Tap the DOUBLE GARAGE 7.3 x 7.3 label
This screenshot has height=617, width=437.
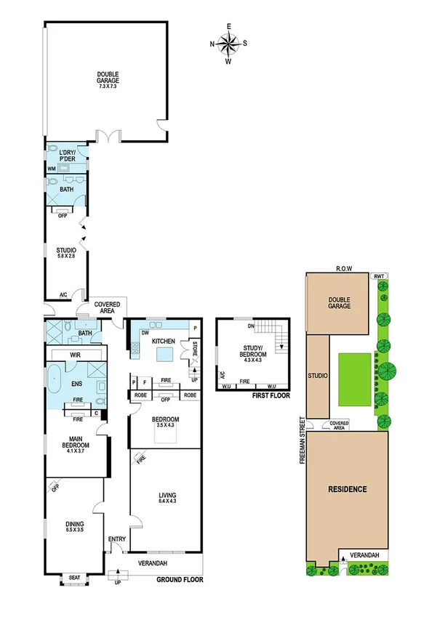pos(108,78)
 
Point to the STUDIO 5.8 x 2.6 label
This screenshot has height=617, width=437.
pos(66,253)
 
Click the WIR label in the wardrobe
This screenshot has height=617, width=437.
pos(74,354)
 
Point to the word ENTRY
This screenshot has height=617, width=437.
pos(117,539)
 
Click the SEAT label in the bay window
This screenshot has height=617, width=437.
pos(73,578)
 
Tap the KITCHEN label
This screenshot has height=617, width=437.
pos(163,341)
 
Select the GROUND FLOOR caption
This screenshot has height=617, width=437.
pos(180,579)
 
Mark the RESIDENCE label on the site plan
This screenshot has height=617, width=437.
pos(347,489)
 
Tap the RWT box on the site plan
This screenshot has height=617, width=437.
pos(378,276)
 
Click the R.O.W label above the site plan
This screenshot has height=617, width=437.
pos(343,268)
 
